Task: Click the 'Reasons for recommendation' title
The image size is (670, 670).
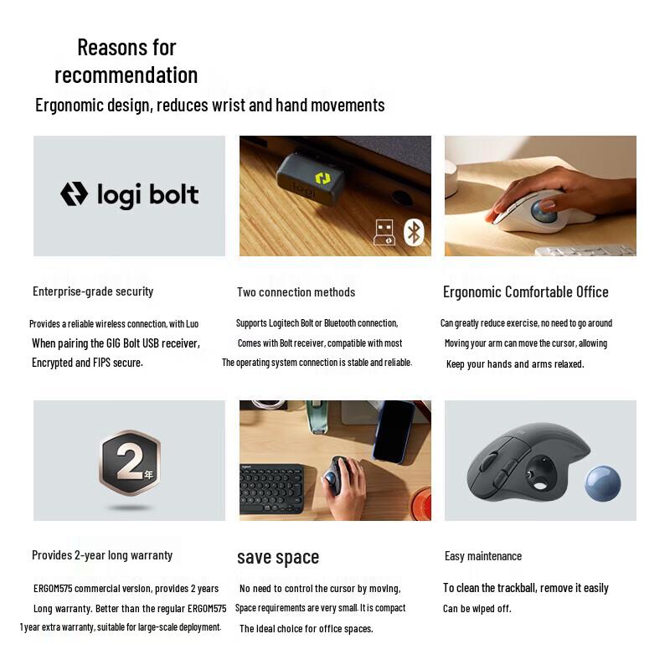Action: click(x=126, y=60)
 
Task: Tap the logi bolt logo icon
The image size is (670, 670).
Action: click(x=74, y=195)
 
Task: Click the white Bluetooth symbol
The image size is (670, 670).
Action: click(x=413, y=231)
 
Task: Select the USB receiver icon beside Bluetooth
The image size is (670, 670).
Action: click(x=384, y=231)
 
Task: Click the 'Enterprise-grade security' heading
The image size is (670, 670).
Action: click(x=93, y=291)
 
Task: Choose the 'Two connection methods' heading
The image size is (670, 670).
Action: click(x=296, y=292)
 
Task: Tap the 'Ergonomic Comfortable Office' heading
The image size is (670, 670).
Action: click(x=525, y=291)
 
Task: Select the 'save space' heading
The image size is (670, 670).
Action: click(x=277, y=557)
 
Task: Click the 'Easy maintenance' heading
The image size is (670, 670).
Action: click(x=482, y=556)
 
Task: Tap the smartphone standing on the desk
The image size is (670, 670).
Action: click(x=393, y=430)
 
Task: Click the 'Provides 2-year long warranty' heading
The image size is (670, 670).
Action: click(x=102, y=555)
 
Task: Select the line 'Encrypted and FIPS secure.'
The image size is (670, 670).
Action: click(x=87, y=363)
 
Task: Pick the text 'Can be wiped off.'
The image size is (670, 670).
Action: click(x=477, y=608)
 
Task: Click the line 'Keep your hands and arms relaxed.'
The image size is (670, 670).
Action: click(x=515, y=363)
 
